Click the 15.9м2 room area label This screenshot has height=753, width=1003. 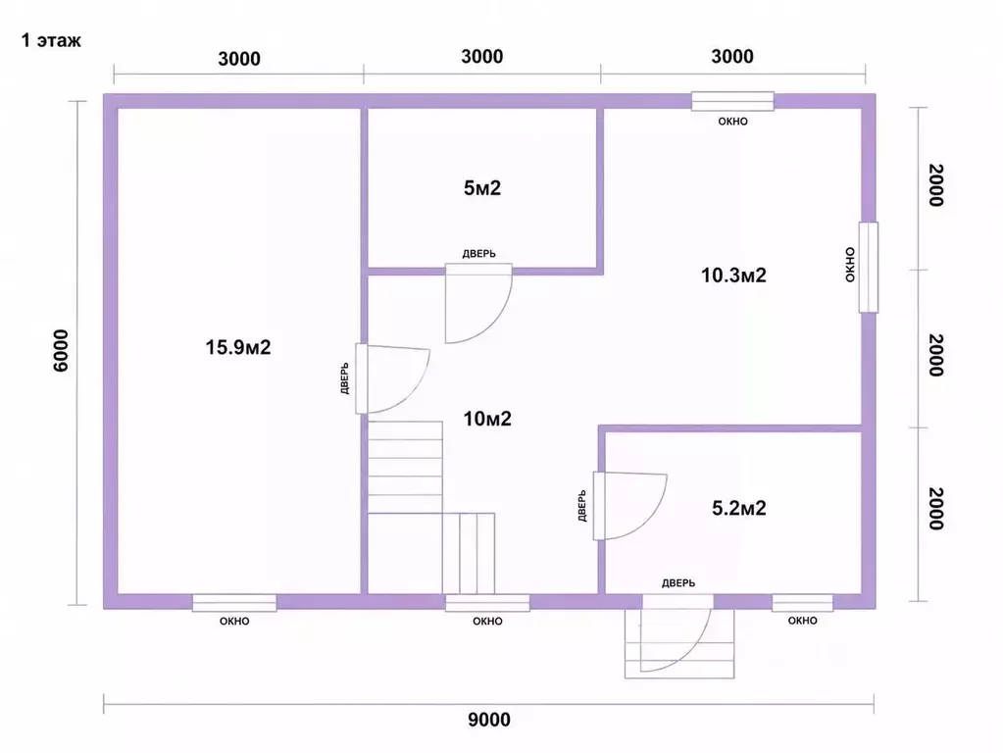[x=238, y=347]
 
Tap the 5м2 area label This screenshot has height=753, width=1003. [x=482, y=188]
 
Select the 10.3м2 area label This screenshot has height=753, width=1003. [x=733, y=276]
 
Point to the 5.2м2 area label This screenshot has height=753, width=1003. [x=739, y=508]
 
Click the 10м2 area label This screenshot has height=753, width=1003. [x=487, y=419]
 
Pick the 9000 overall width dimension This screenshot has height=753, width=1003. [x=489, y=720]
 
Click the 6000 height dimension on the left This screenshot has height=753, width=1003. [x=61, y=351]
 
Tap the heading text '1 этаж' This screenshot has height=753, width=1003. [x=51, y=40]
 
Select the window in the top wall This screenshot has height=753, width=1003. [x=732, y=101]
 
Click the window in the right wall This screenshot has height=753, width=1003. [x=868, y=267]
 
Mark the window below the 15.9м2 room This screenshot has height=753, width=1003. [x=234, y=603]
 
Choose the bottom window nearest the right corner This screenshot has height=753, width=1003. [x=802, y=603]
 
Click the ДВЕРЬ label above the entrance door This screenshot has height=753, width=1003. [x=678, y=582]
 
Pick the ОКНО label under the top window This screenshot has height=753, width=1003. [x=732, y=121]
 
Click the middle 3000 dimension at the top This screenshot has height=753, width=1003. [x=482, y=56]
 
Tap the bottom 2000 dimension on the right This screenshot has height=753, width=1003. [x=935, y=509]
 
